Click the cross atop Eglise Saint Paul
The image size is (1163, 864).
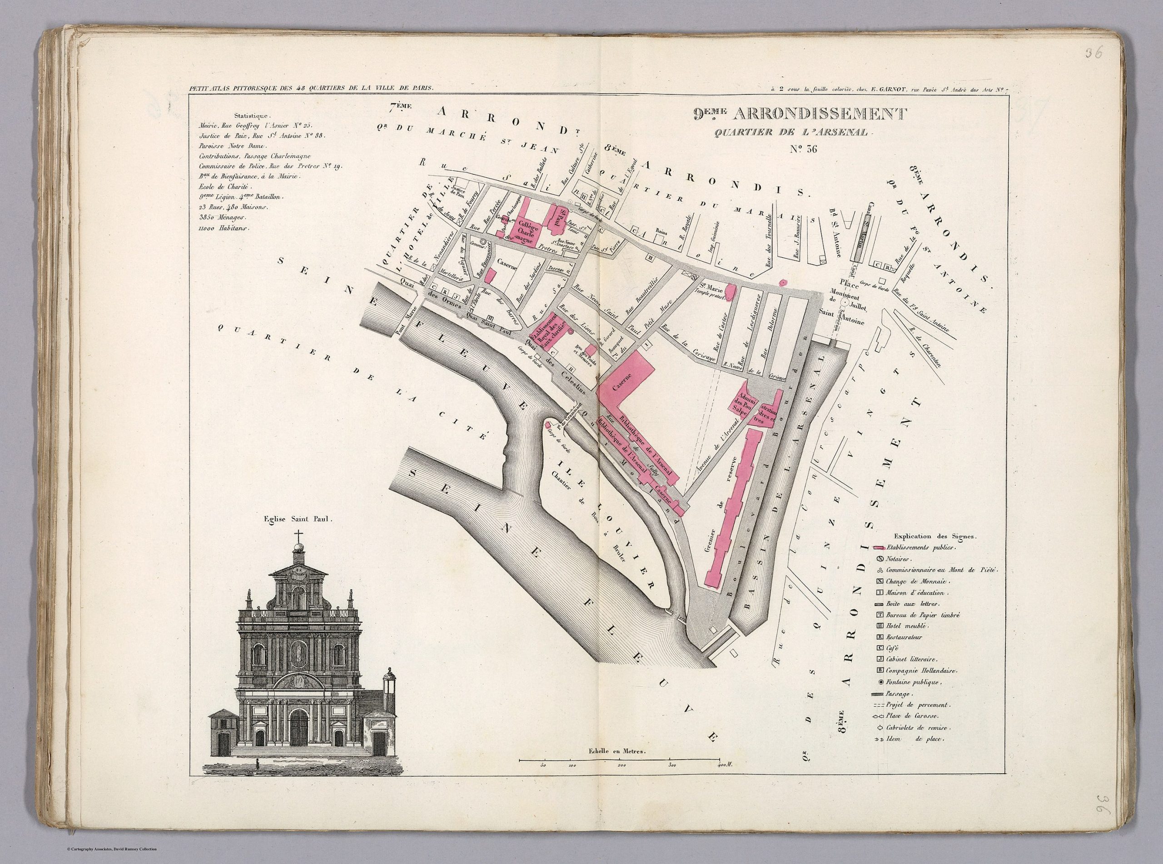point(298,536)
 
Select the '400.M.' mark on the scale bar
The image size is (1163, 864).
point(724,765)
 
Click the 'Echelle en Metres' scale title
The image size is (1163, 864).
point(617,750)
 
